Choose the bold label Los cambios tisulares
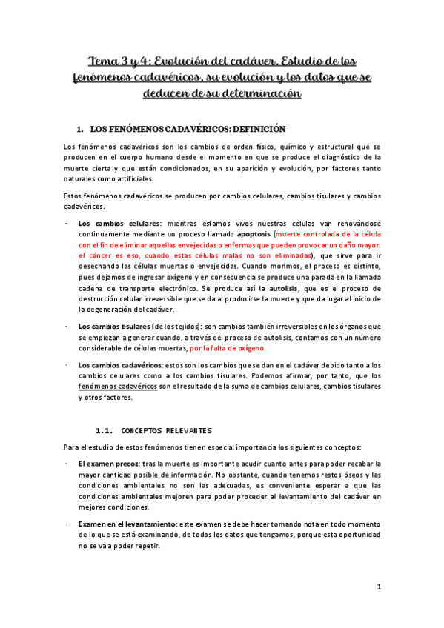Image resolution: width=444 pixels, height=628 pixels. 112,327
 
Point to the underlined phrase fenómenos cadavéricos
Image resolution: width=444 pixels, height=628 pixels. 117,387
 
